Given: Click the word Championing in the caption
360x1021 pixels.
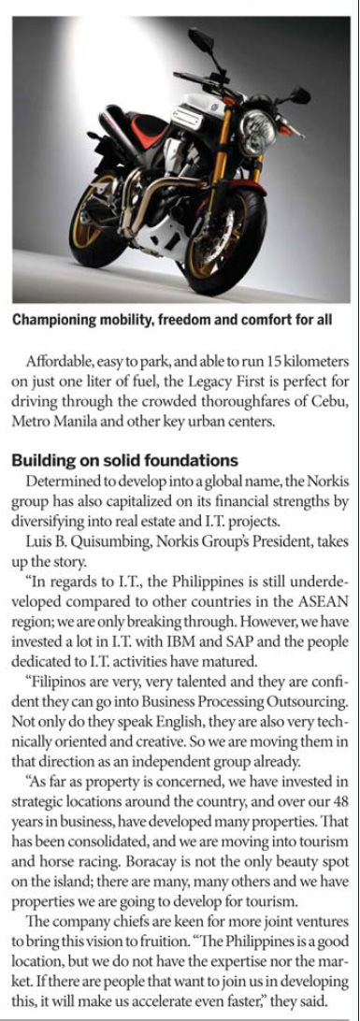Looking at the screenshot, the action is pyautogui.click(x=54, y=320).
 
